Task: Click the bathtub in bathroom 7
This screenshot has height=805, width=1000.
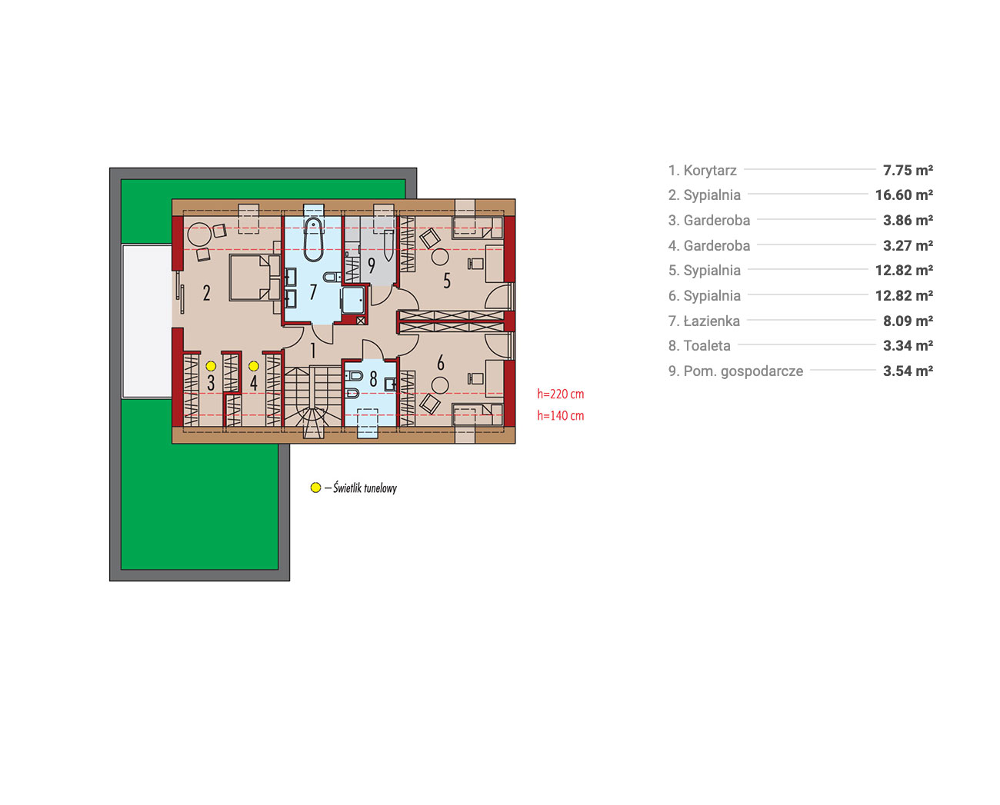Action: point(313,239)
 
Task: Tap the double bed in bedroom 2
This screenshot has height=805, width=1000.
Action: point(255,278)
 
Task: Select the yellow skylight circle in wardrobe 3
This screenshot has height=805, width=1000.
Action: point(211,366)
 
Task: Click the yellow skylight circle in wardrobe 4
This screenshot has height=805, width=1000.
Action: point(253,366)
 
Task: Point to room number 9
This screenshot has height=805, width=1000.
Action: point(372,265)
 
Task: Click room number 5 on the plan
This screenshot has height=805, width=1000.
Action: point(447,281)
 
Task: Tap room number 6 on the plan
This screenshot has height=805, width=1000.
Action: point(441,362)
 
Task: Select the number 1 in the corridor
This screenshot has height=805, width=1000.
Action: point(313,351)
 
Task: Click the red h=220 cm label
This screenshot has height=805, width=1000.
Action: point(561,394)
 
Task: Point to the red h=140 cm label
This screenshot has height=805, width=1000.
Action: point(561,415)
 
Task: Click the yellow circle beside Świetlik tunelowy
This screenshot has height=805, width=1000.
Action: point(315,487)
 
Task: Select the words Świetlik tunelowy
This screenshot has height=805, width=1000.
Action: point(365,487)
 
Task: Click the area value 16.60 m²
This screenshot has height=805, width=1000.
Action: point(904,195)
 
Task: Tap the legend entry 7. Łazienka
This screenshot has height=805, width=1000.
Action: point(704,321)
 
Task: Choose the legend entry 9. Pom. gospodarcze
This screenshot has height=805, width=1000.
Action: point(735,371)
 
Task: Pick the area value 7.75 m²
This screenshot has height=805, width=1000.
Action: point(908,170)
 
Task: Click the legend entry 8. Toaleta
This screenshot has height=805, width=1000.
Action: point(699,345)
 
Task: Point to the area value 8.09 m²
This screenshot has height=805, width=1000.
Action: point(908,321)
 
